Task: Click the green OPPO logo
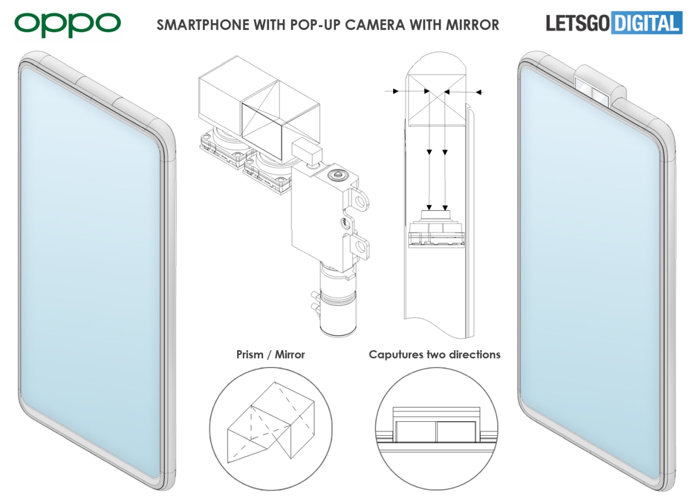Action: point(68,24)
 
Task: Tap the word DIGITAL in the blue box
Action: point(646,24)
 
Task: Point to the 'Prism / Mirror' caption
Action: point(270,354)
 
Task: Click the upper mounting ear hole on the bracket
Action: point(363,202)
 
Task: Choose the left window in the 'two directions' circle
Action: point(416,432)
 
